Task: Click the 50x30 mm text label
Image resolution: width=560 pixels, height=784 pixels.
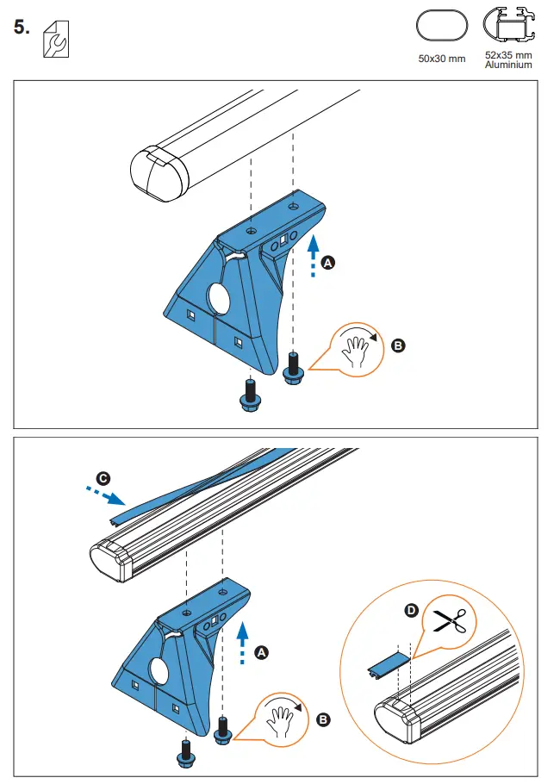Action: tap(441, 59)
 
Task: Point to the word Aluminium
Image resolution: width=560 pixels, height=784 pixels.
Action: tap(508, 65)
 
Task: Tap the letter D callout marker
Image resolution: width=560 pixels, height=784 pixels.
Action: tap(411, 611)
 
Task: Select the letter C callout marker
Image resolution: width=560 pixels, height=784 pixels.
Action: tap(103, 477)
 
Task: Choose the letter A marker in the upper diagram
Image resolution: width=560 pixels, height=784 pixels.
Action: tap(327, 264)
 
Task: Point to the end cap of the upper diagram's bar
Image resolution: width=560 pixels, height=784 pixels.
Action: tap(158, 175)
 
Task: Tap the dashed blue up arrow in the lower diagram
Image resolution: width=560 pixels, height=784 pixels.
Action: tap(243, 642)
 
